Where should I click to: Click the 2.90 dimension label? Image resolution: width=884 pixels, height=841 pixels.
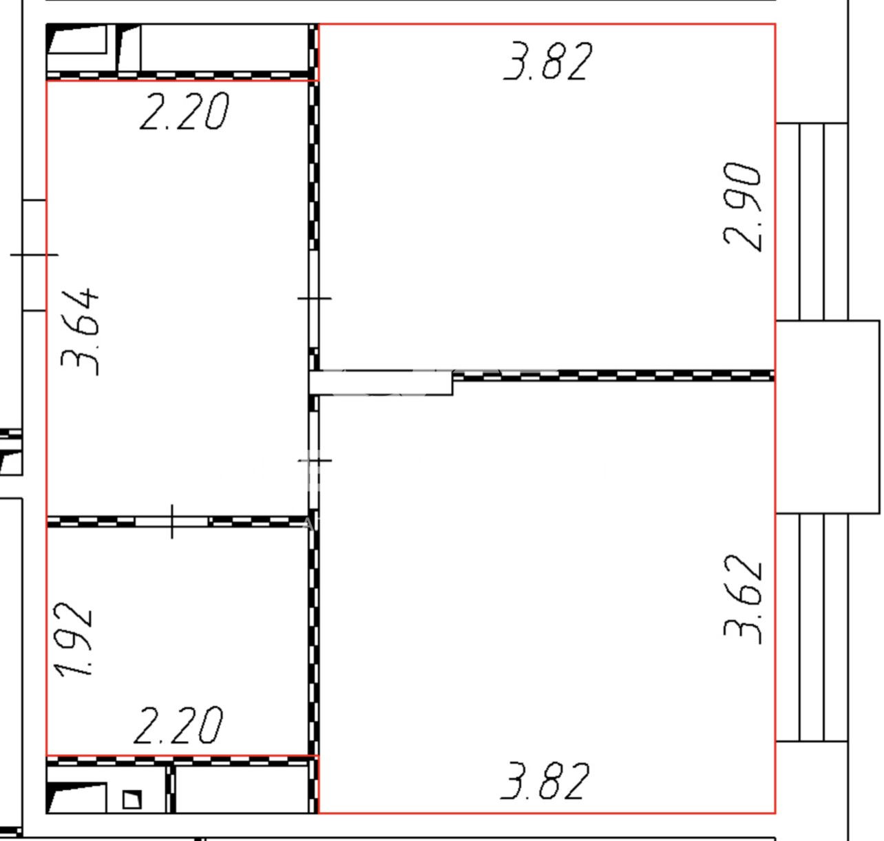tap(742, 207)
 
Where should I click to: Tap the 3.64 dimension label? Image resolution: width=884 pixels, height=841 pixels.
tap(80, 332)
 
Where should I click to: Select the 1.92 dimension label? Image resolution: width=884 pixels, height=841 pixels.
tap(73, 639)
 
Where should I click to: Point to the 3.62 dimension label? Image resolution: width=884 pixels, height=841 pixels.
tap(742, 600)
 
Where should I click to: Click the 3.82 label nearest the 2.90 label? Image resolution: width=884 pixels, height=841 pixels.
tap(547, 61)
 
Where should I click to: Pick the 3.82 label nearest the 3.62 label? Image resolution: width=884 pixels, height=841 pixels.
tap(545, 781)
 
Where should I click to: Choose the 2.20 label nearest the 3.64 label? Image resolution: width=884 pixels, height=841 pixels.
tap(185, 111)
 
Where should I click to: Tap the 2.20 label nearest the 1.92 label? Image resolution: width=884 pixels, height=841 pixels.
tap(178, 725)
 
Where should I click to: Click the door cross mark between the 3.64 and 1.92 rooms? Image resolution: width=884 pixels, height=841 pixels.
tap(171, 521)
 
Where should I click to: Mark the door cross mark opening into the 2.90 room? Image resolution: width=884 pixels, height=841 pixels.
tap(315, 298)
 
